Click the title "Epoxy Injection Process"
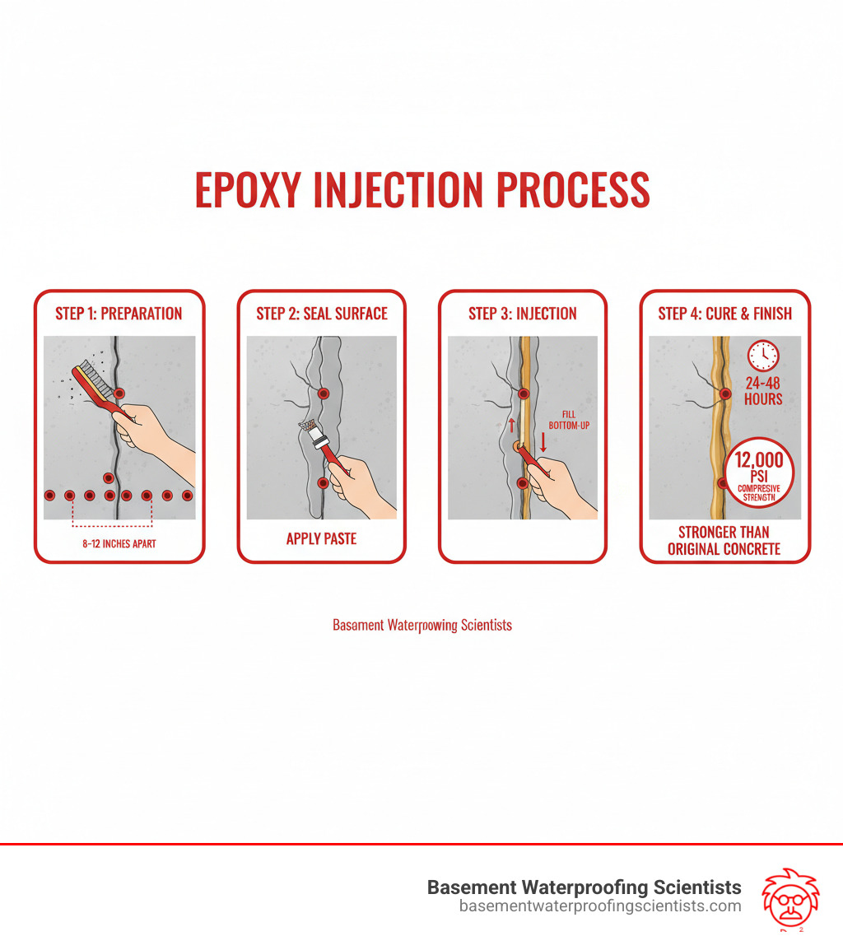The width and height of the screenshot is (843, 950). (x=421, y=191)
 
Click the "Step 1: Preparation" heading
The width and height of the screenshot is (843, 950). (x=119, y=314)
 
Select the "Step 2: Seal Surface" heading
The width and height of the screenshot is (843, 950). (x=321, y=314)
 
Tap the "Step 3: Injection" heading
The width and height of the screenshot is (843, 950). (x=523, y=314)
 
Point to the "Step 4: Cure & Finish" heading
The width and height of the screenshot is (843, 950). (x=724, y=314)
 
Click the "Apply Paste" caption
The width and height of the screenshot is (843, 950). (x=321, y=539)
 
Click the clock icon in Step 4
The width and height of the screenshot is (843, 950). (x=762, y=356)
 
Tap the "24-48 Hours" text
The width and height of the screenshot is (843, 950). (x=762, y=390)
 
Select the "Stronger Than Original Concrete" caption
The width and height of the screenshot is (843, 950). (x=724, y=540)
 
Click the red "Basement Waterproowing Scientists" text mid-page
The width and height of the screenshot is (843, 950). (x=421, y=625)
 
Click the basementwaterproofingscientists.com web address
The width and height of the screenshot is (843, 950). (x=600, y=906)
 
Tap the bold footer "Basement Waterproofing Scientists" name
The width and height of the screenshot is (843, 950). (x=584, y=887)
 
